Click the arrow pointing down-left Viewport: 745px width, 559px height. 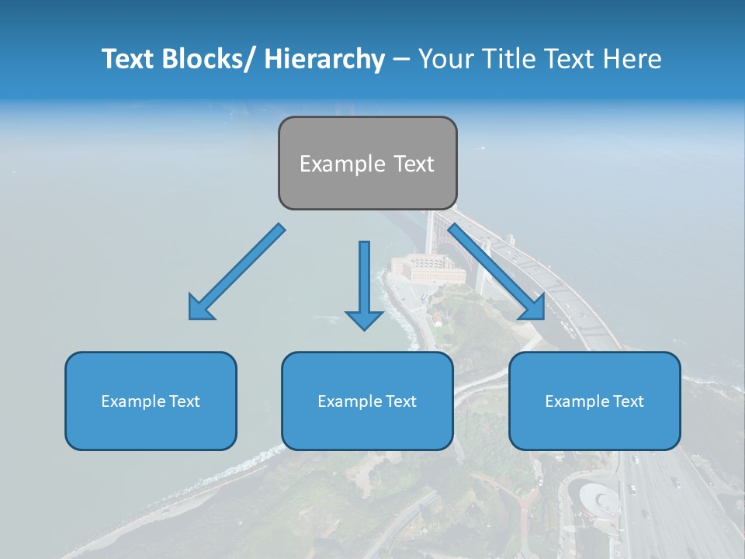click(237, 273)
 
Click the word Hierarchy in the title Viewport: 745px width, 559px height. click(324, 59)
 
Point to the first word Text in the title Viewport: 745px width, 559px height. click(130, 59)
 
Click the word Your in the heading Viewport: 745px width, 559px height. click(445, 59)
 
